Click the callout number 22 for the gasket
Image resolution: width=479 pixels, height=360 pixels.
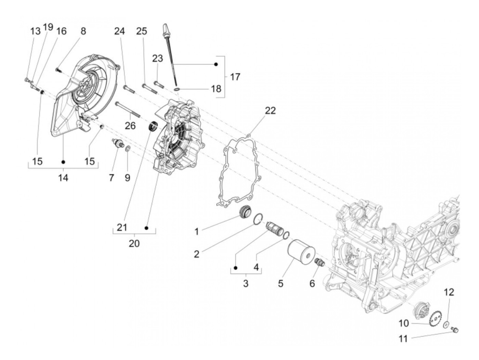(x=270, y=111)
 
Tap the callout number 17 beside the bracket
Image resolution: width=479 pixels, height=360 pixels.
(x=235, y=77)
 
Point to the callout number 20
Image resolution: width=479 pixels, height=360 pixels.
(x=134, y=243)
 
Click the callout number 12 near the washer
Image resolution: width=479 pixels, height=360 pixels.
(x=449, y=292)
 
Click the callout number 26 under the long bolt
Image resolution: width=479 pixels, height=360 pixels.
(x=130, y=126)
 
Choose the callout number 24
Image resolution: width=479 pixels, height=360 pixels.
(x=120, y=31)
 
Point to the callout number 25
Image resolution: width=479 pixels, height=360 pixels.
(x=141, y=31)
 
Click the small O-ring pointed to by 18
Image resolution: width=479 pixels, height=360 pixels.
(x=177, y=89)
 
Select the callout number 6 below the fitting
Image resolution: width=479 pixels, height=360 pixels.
(x=312, y=283)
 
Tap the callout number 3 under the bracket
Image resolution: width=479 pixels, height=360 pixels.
(x=246, y=283)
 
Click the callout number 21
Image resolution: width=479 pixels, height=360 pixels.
(x=122, y=227)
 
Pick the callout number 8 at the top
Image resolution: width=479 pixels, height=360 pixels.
(x=83, y=31)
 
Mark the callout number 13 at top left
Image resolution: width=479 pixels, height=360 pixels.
(x=35, y=31)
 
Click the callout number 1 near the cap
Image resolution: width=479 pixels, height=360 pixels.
(x=196, y=232)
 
